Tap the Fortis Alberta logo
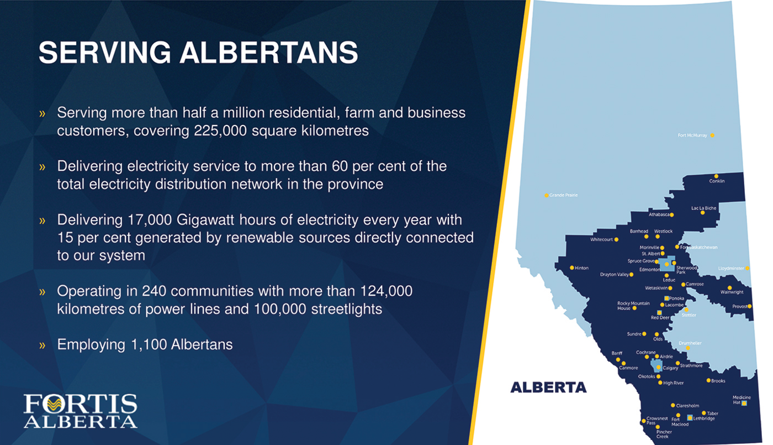[x=81, y=411]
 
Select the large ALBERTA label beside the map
[x=548, y=388]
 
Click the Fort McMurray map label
[x=692, y=135]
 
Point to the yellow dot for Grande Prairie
[x=547, y=195]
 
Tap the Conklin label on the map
[x=717, y=181]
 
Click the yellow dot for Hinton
[x=572, y=268]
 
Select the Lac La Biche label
[x=703, y=208]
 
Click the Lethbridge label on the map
[x=704, y=418]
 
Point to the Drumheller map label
[x=690, y=343]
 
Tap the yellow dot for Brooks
[x=708, y=380]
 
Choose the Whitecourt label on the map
[x=601, y=239]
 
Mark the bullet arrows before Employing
[x=42, y=345]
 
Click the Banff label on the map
[x=617, y=353]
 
